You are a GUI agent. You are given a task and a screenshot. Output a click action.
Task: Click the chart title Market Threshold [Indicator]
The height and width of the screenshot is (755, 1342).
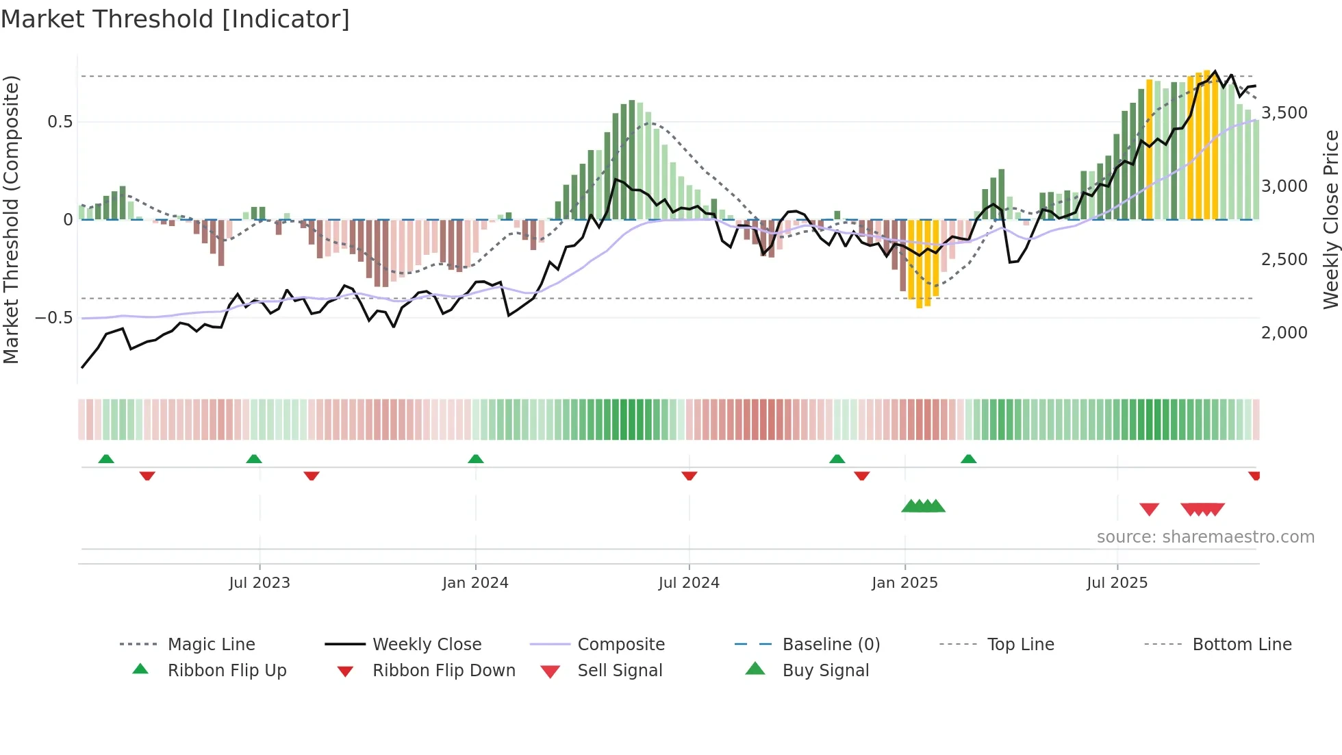[175, 19]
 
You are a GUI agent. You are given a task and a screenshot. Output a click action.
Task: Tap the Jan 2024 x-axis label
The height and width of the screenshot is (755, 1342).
[475, 582]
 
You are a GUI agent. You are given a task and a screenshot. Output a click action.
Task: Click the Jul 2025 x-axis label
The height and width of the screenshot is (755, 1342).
[1117, 582]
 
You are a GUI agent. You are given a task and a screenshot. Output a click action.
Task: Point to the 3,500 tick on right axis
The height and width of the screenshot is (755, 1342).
[1284, 112]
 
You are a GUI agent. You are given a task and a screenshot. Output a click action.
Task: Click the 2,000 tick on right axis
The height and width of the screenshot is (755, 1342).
[1284, 332]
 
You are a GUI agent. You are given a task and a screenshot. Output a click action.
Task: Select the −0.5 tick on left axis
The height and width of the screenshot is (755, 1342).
[53, 317]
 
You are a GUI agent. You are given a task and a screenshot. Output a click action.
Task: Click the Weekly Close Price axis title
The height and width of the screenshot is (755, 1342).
[1330, 219]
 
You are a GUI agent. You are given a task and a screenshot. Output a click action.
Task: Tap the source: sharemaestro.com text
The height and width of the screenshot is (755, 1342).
[1205, 536]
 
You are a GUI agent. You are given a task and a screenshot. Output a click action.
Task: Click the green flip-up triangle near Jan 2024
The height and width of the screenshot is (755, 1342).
[476, 459]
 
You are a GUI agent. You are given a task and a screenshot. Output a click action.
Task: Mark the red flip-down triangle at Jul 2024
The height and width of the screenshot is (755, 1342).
[689, 475]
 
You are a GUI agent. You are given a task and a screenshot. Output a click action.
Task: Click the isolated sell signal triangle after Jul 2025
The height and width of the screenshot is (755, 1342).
[1149, 509]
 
